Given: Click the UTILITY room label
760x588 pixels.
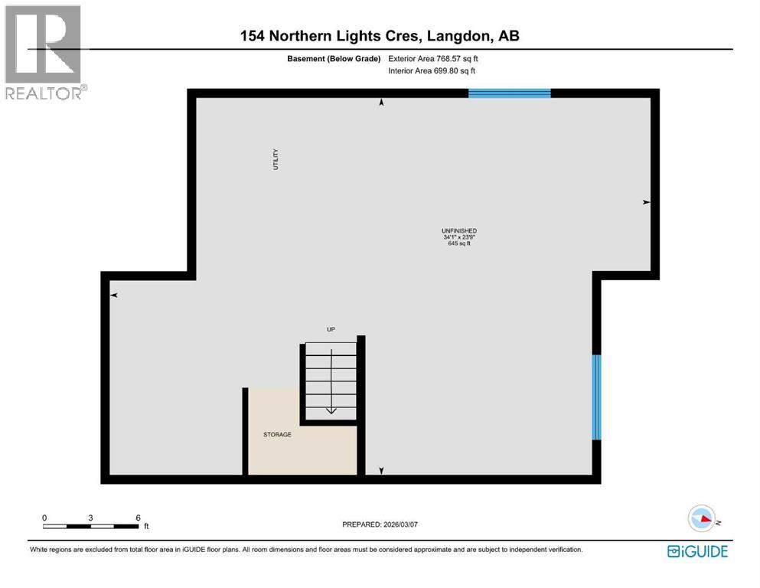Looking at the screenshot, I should [x=276, y=159].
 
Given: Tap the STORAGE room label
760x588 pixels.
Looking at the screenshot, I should [x=277, y=435].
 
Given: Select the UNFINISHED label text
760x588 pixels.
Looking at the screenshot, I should [x=459, y=230].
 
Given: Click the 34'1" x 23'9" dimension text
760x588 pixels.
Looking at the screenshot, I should [x=459, y=237].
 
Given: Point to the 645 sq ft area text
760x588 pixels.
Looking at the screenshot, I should [x=459, y=244].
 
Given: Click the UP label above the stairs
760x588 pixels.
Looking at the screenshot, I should [x=331, y=329].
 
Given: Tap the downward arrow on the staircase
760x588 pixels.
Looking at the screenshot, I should [x=331, y=410].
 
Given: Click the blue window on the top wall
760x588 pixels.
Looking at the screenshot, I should [x=509, y=93].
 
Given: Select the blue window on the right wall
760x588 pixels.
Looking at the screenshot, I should [x=596, y=397].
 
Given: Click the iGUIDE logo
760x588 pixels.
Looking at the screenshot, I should [x=697, y=551].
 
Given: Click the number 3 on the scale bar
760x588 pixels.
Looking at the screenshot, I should [x=91, y=518].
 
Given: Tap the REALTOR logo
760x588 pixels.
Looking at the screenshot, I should [x=43, y=52].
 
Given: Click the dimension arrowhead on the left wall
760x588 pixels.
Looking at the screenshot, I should [x=113, y=295].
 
